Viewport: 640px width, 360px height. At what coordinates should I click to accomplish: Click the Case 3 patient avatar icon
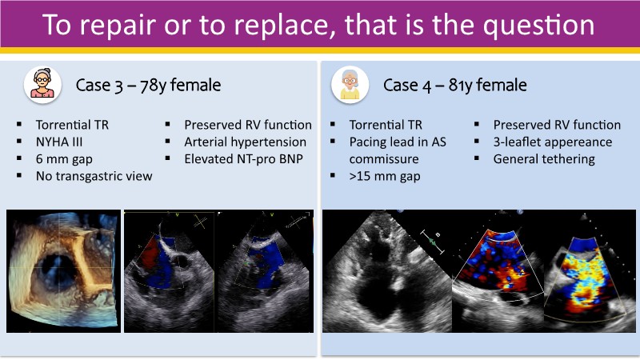click(42, 85)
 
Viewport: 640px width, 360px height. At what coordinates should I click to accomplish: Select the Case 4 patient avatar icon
click(350, 85)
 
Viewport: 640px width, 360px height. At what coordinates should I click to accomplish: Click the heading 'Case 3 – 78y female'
click(148, 86)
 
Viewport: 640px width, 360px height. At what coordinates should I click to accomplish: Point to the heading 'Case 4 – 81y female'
click(454, 86)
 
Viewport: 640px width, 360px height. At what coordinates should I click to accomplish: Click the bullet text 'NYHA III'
click(59, 142)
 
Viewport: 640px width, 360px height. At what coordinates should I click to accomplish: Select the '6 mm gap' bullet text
click(64, 159)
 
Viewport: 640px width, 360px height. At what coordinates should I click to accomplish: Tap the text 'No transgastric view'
click(94, 176)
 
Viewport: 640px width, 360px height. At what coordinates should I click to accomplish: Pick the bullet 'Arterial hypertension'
click(245, 142)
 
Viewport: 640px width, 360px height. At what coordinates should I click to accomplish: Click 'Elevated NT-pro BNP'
click(243, 158)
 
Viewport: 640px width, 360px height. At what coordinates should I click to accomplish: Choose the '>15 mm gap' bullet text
click(385, 176)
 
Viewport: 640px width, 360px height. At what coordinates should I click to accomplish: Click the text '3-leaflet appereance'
click(553, 142)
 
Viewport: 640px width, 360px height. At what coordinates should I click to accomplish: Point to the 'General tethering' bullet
click(544, 159)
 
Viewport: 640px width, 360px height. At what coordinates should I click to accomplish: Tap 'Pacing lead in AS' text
click(398, 142)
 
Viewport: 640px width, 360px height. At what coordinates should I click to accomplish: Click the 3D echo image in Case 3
click(63, 271)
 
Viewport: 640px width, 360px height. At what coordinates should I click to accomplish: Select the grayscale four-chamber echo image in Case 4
click(387, 271)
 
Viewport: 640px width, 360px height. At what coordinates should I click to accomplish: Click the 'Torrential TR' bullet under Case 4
click(386, 125)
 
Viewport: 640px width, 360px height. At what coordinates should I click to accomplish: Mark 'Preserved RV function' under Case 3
click(248, 125)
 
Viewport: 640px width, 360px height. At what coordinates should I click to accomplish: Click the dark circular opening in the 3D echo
click(57, 272)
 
